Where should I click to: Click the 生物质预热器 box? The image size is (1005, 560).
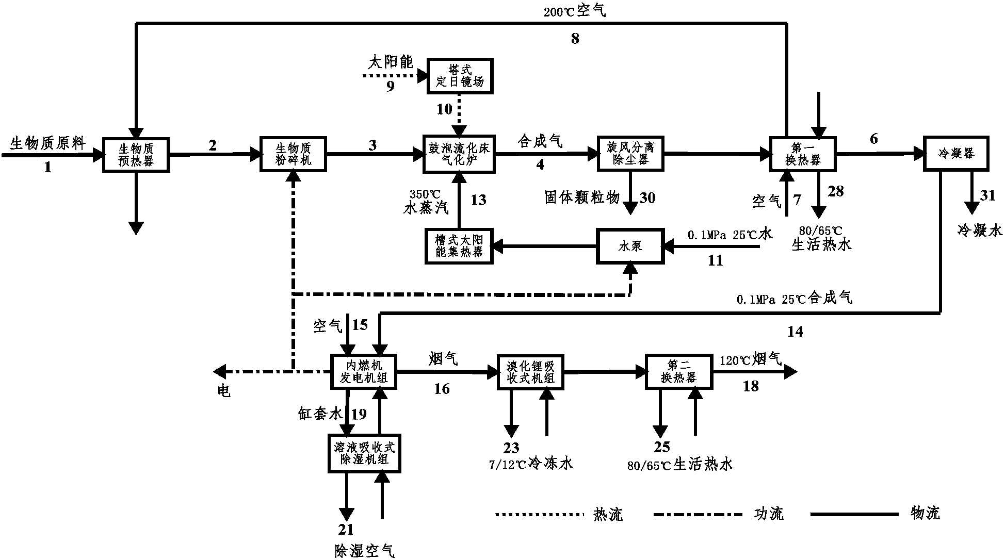pos(136,154)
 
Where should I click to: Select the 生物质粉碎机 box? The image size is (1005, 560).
pos(294,154)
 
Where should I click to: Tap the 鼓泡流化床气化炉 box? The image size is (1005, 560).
pos(459,154)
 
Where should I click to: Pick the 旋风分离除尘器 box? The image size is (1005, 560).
pos(630,154)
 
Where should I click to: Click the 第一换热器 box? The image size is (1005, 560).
pos(802,154)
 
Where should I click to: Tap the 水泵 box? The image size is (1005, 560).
pos(630,246)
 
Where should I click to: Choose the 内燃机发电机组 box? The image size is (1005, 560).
pos(364,371)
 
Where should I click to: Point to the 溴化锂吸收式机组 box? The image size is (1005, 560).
pos(530,371)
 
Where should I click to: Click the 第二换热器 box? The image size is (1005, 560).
pos(678,371)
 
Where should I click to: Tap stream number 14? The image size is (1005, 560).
pos(795,332)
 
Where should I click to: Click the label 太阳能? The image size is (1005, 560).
pos(391,62)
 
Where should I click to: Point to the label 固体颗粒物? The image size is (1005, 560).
pos(582,197)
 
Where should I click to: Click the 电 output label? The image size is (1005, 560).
pos(223,391)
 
